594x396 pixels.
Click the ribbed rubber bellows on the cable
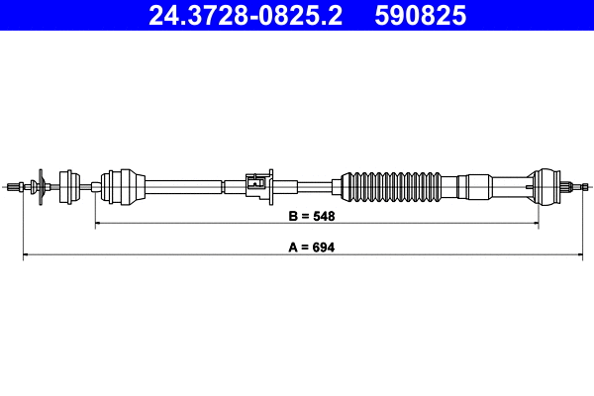(391, 184)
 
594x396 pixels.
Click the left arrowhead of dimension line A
(26, 257)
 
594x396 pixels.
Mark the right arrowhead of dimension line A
(585, 257)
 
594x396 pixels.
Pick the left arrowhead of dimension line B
(99, 225)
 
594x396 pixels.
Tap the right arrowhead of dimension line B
(535, 225)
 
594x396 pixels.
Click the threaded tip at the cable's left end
(14, 185)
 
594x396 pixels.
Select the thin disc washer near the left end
(41, 185)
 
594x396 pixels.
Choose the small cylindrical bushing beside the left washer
(70, 184)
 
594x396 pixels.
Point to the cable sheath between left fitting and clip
(183, 184)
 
